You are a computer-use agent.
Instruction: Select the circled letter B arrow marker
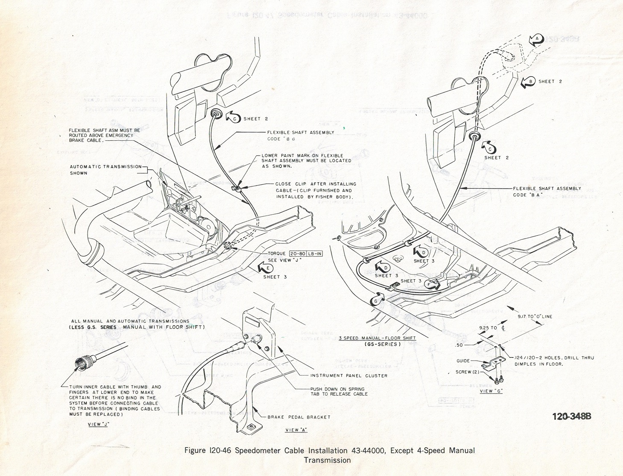click(528, 81)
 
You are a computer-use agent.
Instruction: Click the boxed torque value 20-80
click(298, 254)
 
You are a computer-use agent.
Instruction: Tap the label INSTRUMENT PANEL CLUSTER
click(349, 375)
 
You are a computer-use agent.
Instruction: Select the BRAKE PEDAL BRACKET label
click(298, 417)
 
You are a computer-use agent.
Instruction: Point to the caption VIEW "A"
click(296, 430)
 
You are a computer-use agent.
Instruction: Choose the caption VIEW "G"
click(491, 391)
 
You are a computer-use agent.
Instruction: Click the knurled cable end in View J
click(81, 364)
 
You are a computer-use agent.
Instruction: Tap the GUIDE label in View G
click(463, 361)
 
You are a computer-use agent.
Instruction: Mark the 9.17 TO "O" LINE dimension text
click(535, 316)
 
